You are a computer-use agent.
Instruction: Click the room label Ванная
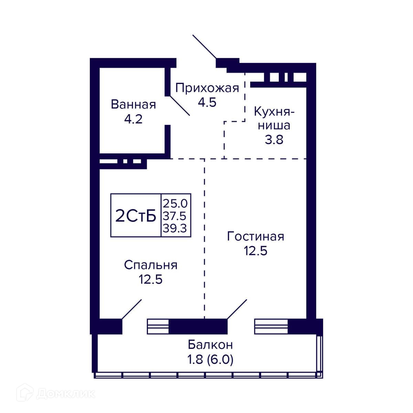click(x=133, y=104)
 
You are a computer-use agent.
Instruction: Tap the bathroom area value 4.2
click(x=133, y=119)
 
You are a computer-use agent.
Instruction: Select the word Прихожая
click(x=207, y=88)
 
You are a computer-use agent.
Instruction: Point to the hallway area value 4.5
click(x=207, y=102)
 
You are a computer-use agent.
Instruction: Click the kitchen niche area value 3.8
click(x=274, y=139)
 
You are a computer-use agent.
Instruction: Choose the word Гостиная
click(x=255, y=236)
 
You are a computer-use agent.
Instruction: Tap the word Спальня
click(x=151, y=265)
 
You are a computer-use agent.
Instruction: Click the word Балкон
click(x=210, y=345)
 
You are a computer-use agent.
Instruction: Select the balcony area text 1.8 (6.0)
click(x=210, y=359)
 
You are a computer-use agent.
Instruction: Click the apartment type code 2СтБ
click(x=136, y=216)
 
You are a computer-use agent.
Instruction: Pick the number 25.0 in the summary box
click(x=175, y=203)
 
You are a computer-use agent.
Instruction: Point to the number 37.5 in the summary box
click(x=174, y=216)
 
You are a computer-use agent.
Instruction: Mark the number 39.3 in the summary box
click(x=175, y=228)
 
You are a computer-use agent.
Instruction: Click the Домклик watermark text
click(x=66, y=393)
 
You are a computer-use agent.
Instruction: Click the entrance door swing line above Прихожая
click(x=204, y=46)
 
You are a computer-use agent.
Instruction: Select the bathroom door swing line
click(x=180, y=106)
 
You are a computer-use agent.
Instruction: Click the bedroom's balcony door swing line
click(x=131, y=309)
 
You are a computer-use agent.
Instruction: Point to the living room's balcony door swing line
click(x=237, y=309)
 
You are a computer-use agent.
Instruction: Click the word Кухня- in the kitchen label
click(x=274, y=112)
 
